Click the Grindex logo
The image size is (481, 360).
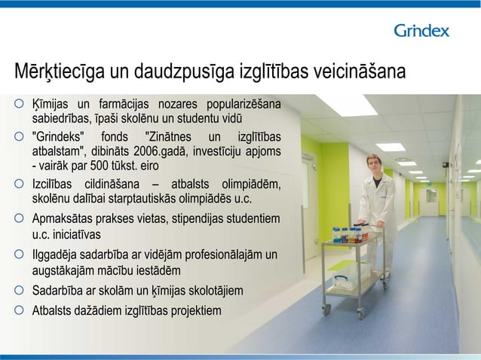[421, 31]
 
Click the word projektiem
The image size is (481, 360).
[196, 310]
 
